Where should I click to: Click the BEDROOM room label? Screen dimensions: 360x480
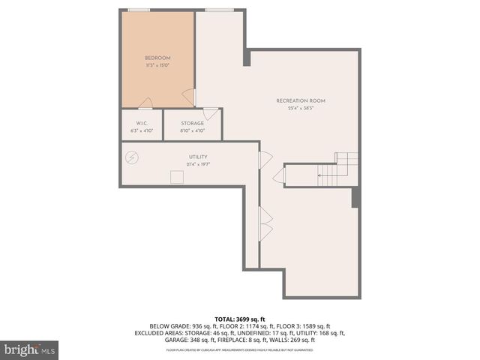157,58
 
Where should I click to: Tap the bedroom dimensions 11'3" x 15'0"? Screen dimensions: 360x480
157,65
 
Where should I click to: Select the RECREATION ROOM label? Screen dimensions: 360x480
301,100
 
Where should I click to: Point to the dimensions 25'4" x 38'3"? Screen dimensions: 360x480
301,108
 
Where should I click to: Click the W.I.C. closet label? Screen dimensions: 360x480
142,123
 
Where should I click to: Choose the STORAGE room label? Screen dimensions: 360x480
192,123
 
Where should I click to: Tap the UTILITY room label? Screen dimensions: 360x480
198,157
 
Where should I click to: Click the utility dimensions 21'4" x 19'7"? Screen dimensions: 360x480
198,164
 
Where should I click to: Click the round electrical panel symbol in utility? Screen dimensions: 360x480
133,157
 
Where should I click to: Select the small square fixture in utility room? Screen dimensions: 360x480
177,177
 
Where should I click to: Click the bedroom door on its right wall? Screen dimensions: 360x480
190,97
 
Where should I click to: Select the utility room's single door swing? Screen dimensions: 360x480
265,159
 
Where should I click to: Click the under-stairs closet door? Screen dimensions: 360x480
278,177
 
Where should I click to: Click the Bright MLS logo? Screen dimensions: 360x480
30,349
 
